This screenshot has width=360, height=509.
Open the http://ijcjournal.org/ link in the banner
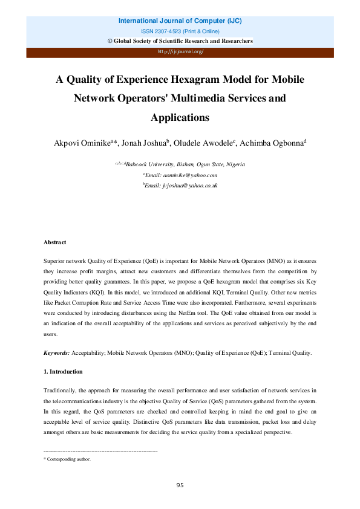coord(180,51)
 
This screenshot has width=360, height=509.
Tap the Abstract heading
coord(54,242)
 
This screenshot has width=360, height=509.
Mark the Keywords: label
coord(57,352)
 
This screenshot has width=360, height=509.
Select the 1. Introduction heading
coord(63,371)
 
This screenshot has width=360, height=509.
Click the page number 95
coord(180,485)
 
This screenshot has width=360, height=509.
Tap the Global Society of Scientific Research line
coord(180,41)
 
